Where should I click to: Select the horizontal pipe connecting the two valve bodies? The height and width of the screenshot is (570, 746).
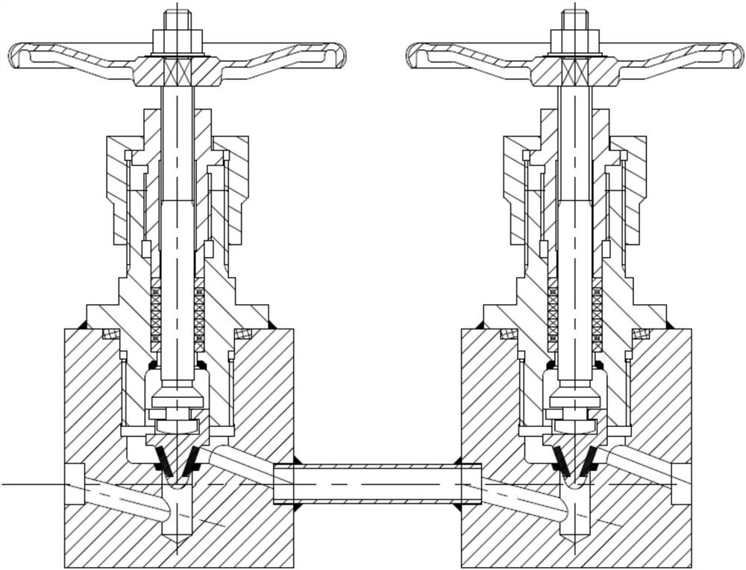[377, 483]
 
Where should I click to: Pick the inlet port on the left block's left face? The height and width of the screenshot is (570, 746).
[75, 484]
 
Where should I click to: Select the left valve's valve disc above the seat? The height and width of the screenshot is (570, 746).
[178, 425]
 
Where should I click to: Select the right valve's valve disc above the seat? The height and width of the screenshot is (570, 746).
[575, 425]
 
